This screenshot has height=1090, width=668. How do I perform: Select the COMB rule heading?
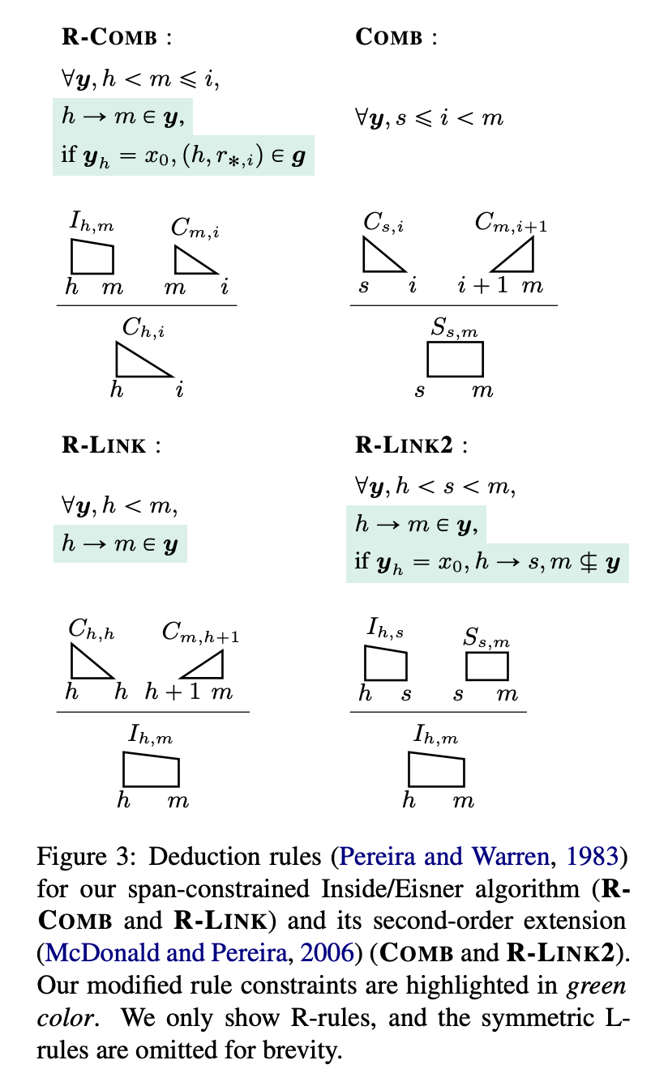tap(389, 37)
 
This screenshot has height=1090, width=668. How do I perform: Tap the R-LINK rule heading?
tap(105, 445)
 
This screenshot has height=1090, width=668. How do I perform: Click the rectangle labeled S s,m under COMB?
tap(455, 359)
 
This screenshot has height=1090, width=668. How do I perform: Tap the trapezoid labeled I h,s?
tap(385, 663)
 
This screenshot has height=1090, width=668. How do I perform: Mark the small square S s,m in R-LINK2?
tap(486, 666)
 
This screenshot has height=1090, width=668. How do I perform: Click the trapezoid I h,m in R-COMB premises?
tap(91, 258)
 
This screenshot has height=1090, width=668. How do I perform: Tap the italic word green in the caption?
tap(595, 986)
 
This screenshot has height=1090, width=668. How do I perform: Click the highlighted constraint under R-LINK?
tap(121, 544)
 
